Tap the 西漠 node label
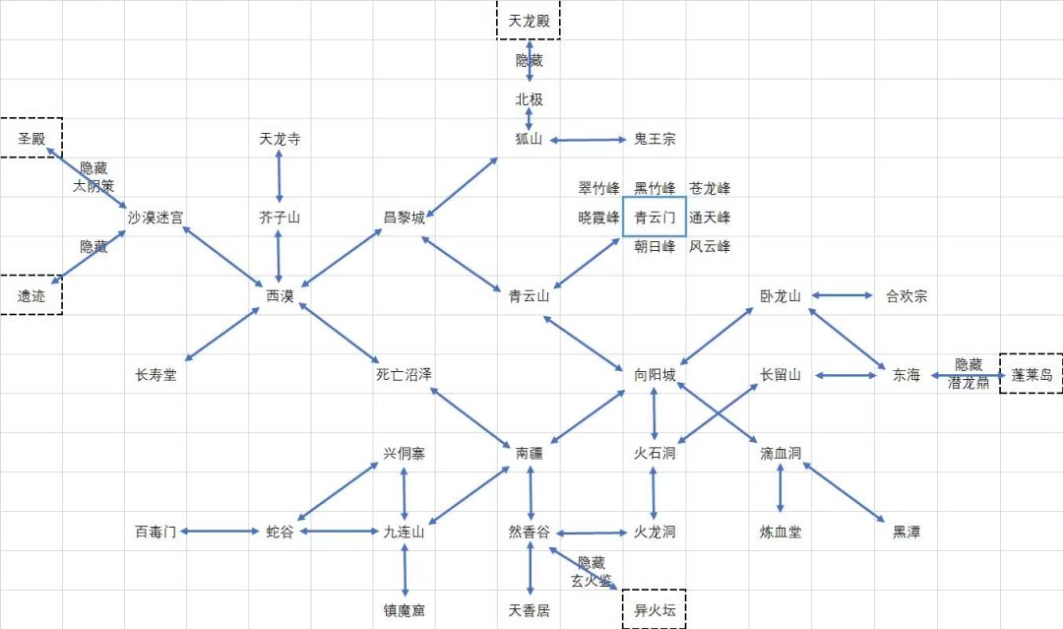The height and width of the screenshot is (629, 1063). (x=280, y=296)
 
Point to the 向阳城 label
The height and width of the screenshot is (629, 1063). (x=655, y=375)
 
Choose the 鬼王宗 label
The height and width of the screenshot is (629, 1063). (x=655, y=139)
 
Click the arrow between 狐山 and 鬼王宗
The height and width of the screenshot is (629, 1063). (x=588, y=141)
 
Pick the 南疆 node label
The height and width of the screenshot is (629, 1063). (x=529, y=454)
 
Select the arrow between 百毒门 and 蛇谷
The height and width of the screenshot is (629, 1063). (x=219, y=532)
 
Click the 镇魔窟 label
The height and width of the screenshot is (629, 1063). (x=405, y=610)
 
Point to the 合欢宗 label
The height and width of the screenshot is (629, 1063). (x=907, y=296)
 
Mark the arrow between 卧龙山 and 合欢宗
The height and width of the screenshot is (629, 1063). (x=842, y=295)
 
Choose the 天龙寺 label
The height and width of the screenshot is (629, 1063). (x=280, y=139)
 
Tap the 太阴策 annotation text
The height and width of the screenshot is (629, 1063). (x=94, y=186)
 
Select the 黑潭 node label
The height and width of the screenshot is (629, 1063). (x=907, y=533)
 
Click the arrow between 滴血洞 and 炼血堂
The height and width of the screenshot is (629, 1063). (x=780, y=488)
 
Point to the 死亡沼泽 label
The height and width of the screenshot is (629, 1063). (x=405, y=375)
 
